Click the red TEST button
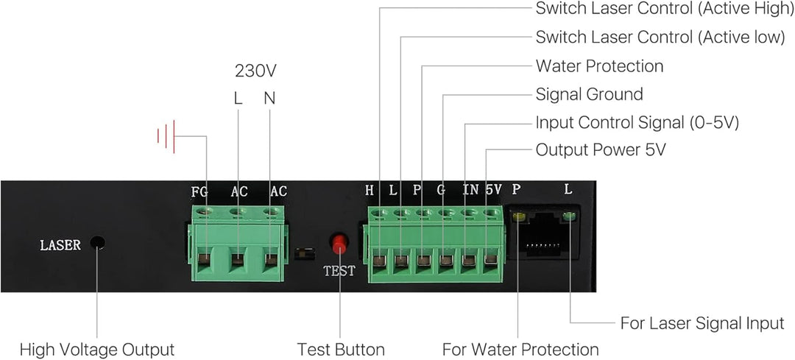[339, 244]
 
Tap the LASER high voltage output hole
[97, 244]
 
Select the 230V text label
[255, 71]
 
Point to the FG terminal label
[199, 191]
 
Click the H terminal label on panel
[370, 190]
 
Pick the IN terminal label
[470, 190]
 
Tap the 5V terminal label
[493, 190]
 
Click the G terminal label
[441, 190]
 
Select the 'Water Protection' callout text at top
[599, 66]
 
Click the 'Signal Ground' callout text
[589, 94]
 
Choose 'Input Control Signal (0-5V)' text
[637, 122]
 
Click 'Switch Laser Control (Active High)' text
[660, 9]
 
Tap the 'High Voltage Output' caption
[97, 349]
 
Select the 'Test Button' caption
[341, 349]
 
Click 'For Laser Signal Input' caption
[702, 323]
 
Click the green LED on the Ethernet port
[568, 216]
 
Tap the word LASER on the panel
[60, 245]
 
